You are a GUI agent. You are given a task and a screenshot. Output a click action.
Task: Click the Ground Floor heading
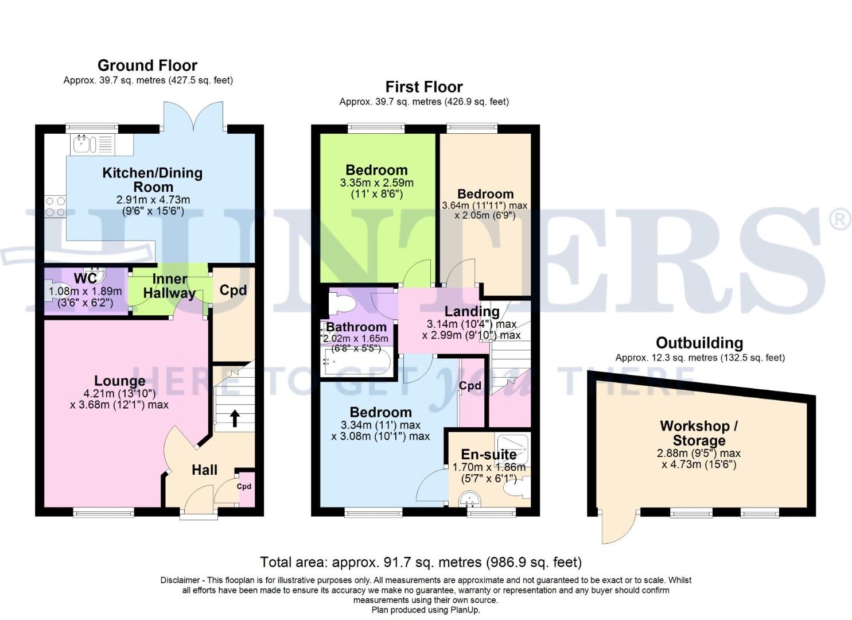tap(147, 65)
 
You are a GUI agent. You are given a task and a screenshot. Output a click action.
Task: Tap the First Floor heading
tap(424, 87)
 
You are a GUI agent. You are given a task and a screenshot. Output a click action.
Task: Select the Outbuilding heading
tap(699, 343)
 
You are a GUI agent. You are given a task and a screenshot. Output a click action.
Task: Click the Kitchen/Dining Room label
tap(153, 180)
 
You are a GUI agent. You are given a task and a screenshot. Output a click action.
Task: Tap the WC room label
tap(85, 279)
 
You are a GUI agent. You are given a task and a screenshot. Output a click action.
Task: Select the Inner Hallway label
tap(169, 286)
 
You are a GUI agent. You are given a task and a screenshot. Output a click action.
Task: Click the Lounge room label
tap(119, 381)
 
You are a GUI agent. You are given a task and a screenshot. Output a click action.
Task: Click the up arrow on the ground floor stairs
tap(234, 418)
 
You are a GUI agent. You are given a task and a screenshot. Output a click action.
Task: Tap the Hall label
tap(204, 470)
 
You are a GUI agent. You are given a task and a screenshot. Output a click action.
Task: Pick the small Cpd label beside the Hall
tap(244, 487)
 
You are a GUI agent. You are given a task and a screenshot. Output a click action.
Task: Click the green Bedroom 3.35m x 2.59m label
tap(376, 170)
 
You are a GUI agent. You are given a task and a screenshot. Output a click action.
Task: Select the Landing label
tap(472, 312)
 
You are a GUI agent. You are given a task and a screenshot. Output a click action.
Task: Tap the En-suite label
tap(489, 455)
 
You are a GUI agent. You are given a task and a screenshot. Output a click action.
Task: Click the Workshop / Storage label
tap(699, 433)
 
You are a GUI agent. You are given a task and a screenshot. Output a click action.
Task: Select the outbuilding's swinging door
tap(617, 526)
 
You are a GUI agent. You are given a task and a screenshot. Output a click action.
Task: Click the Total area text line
tap(421, 562)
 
